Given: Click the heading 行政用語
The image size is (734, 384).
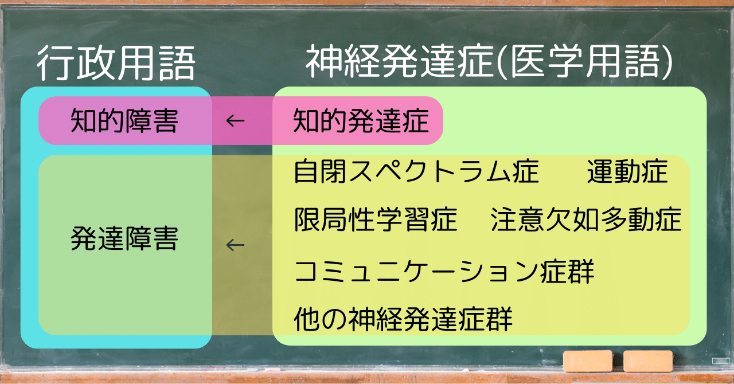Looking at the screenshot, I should [116, 63].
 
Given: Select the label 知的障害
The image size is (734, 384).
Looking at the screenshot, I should [124, 121].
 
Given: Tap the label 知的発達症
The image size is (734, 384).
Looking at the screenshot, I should [361, 121].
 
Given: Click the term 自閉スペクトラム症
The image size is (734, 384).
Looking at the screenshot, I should [416, 172].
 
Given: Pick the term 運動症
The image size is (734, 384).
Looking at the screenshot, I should [627, 172].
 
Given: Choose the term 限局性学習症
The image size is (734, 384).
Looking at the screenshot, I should [376, 220].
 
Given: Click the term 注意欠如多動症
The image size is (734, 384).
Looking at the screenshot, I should [586, 220].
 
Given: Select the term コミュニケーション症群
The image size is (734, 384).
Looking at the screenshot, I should [444, 272].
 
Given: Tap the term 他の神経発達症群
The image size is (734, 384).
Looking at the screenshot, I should [403, 319].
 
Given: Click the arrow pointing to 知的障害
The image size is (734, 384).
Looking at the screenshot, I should [235, 121].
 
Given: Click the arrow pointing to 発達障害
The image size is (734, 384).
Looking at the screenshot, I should [235, 245].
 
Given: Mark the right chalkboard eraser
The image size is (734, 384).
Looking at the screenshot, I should [647, 361].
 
